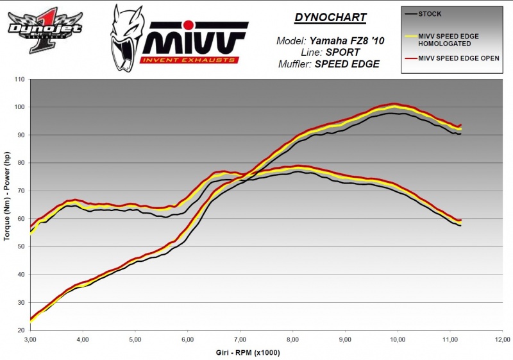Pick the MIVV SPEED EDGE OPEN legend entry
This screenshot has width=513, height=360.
458,58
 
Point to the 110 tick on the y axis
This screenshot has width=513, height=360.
19,80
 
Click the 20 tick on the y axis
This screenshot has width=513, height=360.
21,330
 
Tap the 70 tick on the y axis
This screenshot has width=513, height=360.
21,191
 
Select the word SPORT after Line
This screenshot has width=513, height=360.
339,52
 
